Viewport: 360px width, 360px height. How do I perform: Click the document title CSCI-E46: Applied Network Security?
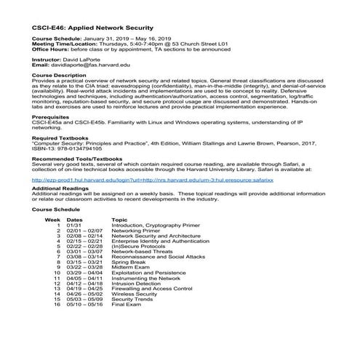pos(98,27)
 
